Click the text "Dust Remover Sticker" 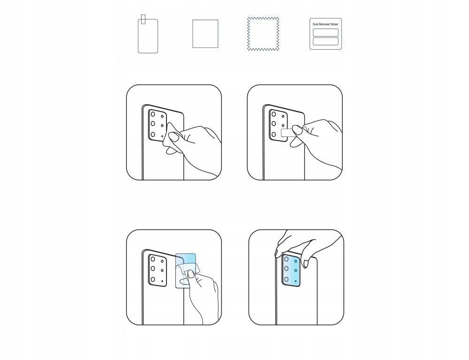tap(325, 24)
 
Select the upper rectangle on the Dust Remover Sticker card tap(325, 32)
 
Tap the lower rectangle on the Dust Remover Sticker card tap(325, 41)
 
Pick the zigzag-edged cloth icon tap(263, 33)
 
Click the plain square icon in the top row tap(205, 34)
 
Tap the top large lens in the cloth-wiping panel tap(153, 114)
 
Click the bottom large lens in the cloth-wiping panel tap(153, 135)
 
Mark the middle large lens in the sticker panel tap(273, 124)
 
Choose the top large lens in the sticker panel tap(273, 114)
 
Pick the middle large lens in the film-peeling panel tap(153, 269)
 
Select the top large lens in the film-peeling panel tap(153, 259)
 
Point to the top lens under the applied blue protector tap(286, 259)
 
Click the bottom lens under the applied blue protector tap(286, 279)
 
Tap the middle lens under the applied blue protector tap(286, 269)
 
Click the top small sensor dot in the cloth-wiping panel tap(162, 115)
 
